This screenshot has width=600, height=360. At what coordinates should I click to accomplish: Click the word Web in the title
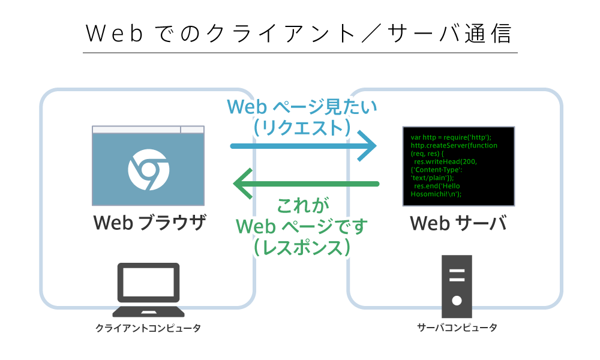[114, 34]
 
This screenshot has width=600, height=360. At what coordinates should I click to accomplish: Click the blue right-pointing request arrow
[303, 146]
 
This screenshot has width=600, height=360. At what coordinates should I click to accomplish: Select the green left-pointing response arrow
[306, 183]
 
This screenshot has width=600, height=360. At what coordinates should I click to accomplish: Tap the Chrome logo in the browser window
[148, 169]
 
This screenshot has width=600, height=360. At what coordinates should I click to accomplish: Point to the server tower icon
[457, 286]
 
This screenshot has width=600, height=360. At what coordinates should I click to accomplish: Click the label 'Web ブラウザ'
[149, 224]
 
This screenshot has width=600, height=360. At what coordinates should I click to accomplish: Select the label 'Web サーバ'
[459, 224]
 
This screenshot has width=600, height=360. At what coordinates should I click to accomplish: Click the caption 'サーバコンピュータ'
[457, 328]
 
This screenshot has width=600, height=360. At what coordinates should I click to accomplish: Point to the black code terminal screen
[458, 166]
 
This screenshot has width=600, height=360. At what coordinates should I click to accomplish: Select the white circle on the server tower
[457, 300]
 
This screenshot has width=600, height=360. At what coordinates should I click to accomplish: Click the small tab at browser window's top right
[192, 129]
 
